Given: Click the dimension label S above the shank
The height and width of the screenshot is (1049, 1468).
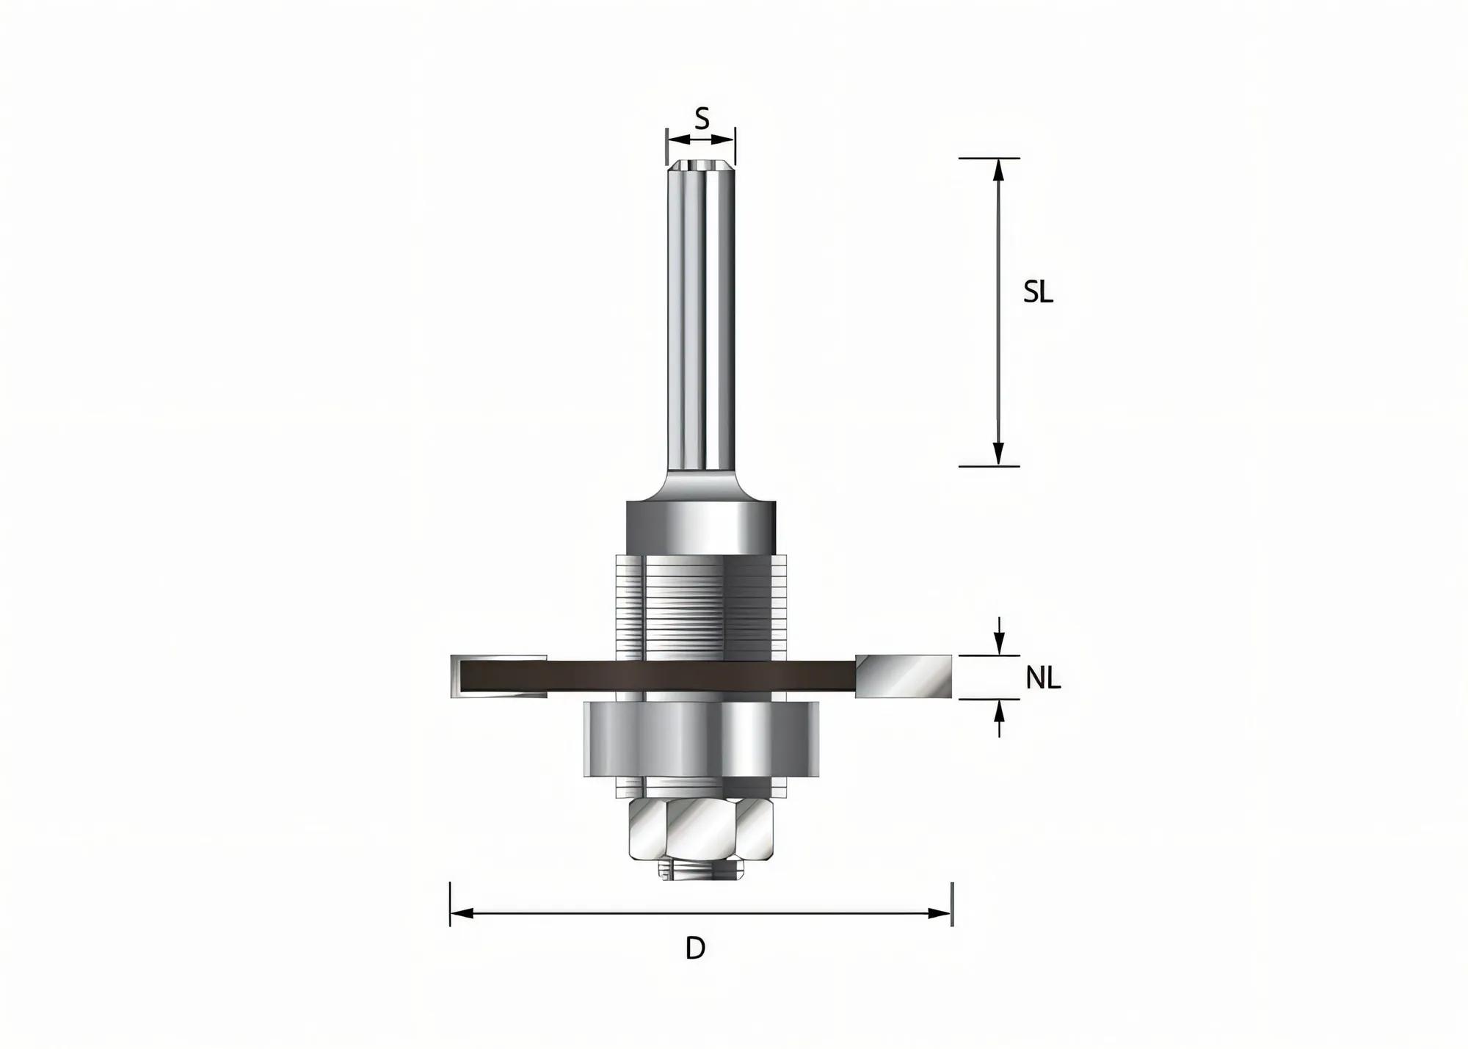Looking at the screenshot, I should [x=702, y=118].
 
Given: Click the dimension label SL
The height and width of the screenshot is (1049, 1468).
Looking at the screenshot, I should [x=1038, y=293].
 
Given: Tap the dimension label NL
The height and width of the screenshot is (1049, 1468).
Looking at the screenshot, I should [x=1042, y=678].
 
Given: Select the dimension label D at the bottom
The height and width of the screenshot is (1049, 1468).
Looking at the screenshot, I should [x=695, y=948].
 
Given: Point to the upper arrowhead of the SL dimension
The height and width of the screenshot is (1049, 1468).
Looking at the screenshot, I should [x=998, y=170].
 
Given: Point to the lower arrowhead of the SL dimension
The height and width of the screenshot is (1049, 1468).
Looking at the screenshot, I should [x=998, y=454].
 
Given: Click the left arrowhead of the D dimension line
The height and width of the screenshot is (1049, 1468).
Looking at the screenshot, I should [x=461, y=913].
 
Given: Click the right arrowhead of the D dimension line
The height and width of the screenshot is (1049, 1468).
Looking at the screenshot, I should [x=940, y=913].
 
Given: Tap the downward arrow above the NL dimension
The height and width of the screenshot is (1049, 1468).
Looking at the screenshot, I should [x=998, y=645].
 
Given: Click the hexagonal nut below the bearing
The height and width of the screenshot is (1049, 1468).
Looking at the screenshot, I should [x=702, y=830].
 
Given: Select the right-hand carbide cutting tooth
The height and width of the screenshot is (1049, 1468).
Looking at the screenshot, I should [x=904, y=675].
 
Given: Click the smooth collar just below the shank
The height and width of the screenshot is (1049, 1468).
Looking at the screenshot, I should [x=701, y=526].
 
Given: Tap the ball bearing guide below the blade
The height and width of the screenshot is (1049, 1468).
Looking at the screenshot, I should [x=701, y=739].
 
